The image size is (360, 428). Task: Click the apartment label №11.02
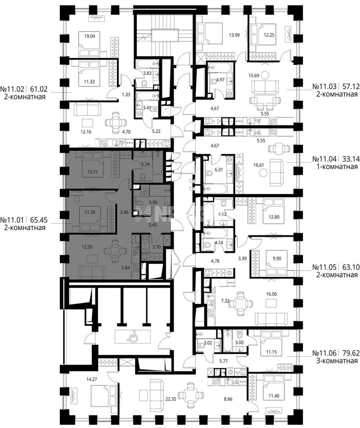[12, 89]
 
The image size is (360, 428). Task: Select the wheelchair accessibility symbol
[132, 338]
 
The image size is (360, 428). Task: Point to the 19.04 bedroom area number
[90, 36]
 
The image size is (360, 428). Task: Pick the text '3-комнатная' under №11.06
[337, 361]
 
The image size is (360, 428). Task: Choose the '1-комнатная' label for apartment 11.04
[337, 167]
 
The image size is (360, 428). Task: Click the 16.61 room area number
[258, 165]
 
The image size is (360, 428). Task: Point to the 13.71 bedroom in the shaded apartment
[93, 172]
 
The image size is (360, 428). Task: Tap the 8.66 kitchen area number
[228, 399]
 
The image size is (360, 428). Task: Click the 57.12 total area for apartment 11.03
[350, 86]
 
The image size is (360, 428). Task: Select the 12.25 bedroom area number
[269, 35]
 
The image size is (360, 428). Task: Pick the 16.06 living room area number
[271, 294]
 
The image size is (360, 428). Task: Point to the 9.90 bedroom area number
[276, 258]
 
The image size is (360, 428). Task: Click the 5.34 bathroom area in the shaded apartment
[145, 164]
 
